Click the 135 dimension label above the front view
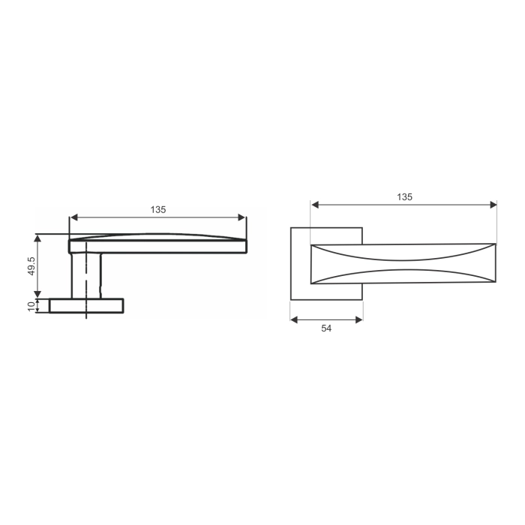pyautogui.click(x=404, y=196)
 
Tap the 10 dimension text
pyautogui.click(x=31, y=305)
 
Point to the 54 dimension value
pyautogui.click(x=326, y=328)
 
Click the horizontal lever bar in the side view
pyautogui.click(x=157, y=246)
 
